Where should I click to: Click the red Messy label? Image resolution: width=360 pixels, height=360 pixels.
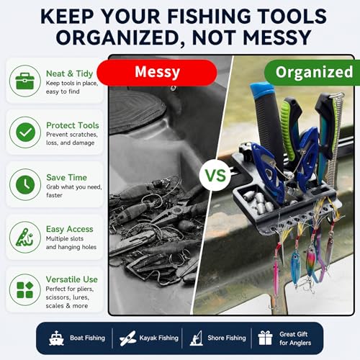tap(157, 73)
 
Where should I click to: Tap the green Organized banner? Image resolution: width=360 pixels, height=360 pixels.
tap(312, 73)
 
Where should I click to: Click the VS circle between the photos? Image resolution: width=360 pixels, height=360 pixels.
tap(215, 175)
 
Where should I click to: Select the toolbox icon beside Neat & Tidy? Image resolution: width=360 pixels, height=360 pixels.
tap(25, 81)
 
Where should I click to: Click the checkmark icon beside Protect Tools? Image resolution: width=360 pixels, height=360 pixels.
tap(25, 132)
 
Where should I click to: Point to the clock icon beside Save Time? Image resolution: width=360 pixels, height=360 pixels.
tap(25, 184)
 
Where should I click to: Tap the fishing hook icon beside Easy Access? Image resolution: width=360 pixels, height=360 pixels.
tap(24, 238)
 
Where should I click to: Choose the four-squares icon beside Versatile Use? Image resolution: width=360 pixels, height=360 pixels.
tap(25, 289)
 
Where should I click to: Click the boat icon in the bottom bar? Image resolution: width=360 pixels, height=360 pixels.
tap(56, 338)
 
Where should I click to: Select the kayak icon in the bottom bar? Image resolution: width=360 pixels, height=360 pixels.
tap(127, 338)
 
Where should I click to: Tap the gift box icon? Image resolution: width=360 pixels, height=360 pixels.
tap(265, 338)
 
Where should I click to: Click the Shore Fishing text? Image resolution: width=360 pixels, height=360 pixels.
tap(227, 338)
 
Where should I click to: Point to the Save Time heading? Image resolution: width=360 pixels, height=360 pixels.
tap(66, 177)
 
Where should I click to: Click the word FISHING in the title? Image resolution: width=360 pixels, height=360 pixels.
tap(209, 17)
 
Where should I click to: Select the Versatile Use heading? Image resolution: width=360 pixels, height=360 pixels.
tap(72, 279)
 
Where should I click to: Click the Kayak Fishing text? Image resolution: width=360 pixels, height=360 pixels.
tap(159, 338)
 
